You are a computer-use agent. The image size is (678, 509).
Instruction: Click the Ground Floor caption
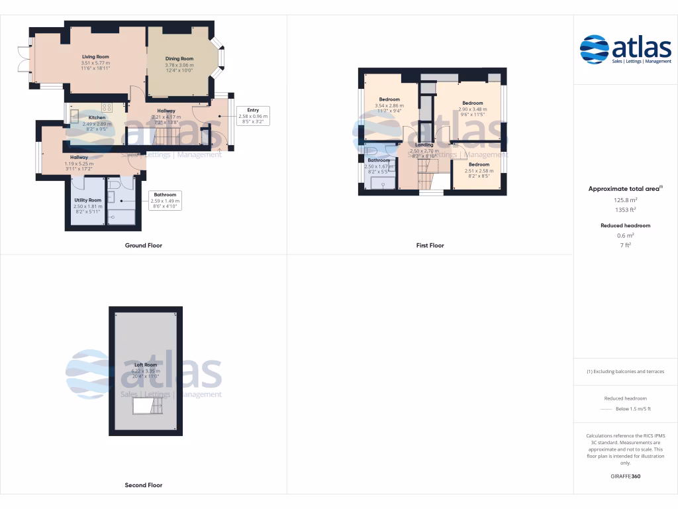click(144, 245)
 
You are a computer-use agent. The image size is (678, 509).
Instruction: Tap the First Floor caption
click(430, 245)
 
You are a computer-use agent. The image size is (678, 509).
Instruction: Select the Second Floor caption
click(144, 485)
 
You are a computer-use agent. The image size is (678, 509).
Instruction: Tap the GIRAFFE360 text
click(625, 476)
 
